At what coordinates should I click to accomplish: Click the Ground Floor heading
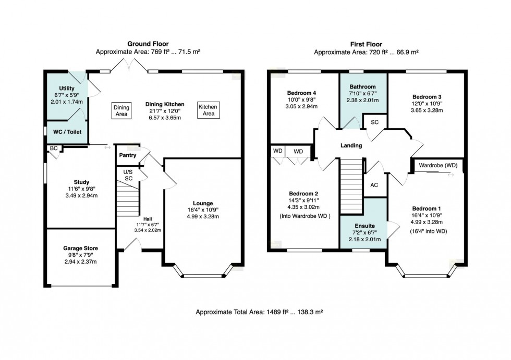[148, 44]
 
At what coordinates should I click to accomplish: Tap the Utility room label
[67, 89]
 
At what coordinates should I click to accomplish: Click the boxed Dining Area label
[121, 110]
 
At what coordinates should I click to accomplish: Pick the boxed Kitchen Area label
[209, 110]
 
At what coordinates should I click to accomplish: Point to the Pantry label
[128, 155]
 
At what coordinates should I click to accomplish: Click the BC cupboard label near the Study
[53, 148]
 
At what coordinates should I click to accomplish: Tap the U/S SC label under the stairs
[128, 175]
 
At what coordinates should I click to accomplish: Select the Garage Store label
[80, 249]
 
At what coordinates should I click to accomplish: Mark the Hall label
[148, 219]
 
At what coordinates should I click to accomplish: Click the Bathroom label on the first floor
[363, 87]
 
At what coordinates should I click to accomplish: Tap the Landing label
[351, 145]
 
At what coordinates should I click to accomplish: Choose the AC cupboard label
[374, 185]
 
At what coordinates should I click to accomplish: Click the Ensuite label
[363, 227]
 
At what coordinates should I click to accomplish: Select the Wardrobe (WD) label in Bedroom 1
[438, 165]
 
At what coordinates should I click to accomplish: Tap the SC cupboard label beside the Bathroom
[374, 122]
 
